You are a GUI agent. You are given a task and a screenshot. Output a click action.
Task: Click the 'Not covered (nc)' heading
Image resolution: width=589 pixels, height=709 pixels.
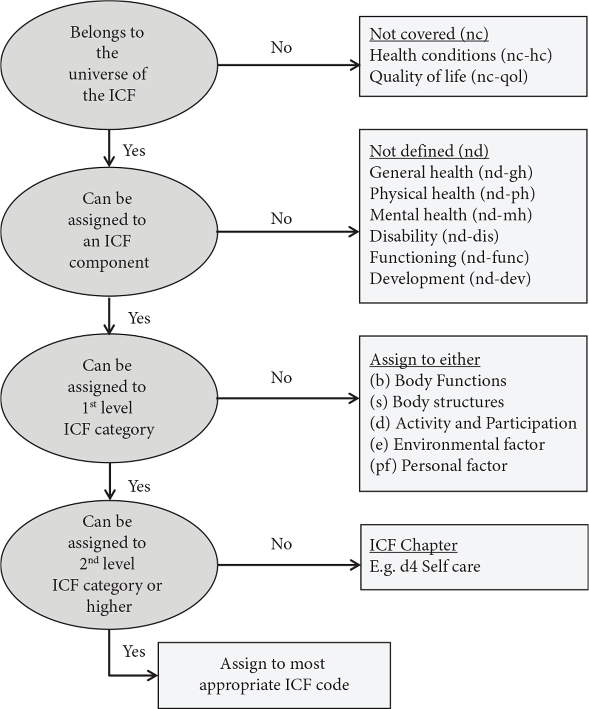[x=429, y=34]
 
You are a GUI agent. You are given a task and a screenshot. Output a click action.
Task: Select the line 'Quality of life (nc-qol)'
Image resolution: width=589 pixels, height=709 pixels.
[x=448, y=77]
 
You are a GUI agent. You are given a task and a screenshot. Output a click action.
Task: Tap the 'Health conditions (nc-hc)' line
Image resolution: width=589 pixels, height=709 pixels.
[x=460, y=55]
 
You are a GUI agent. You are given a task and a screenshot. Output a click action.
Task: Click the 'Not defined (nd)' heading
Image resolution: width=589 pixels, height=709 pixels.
[x=429, y=151]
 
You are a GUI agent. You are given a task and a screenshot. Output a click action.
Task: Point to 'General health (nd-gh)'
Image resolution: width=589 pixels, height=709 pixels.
[x=451, y=173]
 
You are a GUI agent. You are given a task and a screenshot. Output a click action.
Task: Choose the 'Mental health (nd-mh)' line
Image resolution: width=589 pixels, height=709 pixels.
[x=450, y=215]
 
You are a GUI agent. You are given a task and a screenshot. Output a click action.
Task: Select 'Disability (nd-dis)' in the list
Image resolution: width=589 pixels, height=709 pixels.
[x=434, y=236]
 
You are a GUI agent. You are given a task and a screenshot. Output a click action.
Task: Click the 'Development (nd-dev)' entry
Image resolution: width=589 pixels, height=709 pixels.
[x=450, y=279]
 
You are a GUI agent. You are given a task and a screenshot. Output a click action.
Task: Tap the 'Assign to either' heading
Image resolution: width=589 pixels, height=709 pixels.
[x=425, y=360]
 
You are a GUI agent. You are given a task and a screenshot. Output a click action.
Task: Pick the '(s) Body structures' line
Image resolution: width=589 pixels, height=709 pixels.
[x=437, y=402]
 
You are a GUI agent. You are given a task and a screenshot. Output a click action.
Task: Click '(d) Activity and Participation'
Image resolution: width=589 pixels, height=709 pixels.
[x=473, y=423]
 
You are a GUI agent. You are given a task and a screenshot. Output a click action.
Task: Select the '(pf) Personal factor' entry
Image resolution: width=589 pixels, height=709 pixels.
[x=438, y=466]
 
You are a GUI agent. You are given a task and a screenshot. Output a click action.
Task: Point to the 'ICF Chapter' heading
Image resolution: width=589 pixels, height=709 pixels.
[x=413, y=545]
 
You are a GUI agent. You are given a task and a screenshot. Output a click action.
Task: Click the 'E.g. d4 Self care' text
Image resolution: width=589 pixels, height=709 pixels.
[x=425, y=567]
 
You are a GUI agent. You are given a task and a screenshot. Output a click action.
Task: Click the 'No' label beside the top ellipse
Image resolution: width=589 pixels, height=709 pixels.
[x=281, y=47]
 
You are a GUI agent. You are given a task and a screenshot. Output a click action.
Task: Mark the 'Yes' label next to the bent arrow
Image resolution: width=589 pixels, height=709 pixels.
[x=134, y=652]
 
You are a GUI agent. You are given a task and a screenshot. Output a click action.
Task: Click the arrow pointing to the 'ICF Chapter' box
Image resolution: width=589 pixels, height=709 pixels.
[x=289, y=565]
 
